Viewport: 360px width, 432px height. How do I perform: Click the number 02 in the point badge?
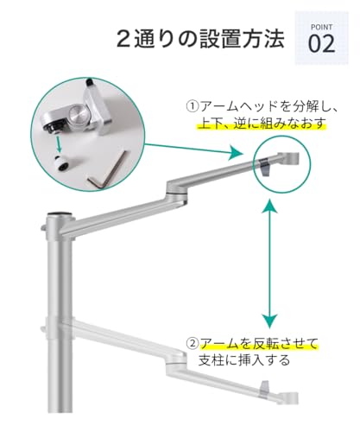coord(322,43)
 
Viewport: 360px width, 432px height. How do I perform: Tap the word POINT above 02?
coord(322,27)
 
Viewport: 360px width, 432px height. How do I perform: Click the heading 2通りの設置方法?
coord(200,39)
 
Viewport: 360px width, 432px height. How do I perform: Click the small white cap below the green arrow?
coord(62,162)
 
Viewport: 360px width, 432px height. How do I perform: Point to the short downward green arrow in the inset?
coord(59,143)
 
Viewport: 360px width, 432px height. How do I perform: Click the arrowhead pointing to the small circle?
coord(237,152)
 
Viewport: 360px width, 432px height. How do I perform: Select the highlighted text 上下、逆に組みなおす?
coord(262,124)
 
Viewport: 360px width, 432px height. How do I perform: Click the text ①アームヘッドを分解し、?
coord(262,106)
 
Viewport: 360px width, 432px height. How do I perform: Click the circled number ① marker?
coord(193,106)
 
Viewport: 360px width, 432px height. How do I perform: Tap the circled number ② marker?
coord(193,343)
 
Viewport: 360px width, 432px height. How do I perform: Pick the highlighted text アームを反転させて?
coord(259,343)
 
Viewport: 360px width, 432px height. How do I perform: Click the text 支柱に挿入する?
coord(244,360)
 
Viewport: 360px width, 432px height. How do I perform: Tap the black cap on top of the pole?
coord(60,213)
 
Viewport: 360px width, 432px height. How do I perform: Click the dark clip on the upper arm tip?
coord(265,167)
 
